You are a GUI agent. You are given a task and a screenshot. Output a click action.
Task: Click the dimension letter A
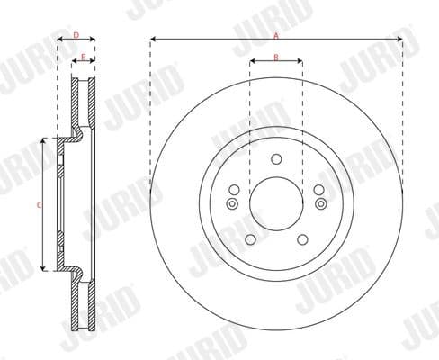click(276, 34)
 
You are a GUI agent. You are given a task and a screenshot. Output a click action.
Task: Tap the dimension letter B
click(276, 57)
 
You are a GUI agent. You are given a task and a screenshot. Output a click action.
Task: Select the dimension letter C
click(38, 205)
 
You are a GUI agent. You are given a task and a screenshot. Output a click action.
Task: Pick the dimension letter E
click(83, 57)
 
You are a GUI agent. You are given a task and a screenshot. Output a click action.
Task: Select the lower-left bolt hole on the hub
click(249, 239)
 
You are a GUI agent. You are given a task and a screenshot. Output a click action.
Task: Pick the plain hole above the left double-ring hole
click(233, 190)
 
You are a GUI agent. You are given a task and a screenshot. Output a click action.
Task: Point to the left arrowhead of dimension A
click(153, 40)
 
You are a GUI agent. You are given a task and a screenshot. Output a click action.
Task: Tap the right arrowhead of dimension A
click(399, 40)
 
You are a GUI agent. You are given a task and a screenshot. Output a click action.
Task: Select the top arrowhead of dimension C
click(43, 142)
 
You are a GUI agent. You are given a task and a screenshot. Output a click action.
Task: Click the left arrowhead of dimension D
click(59, 40)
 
